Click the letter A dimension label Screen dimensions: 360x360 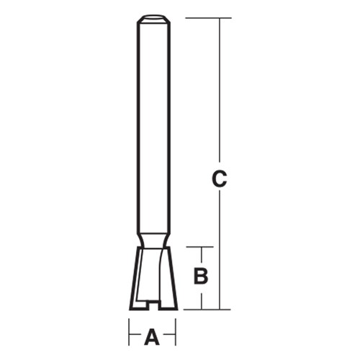coord(152,336)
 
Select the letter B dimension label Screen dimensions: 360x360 coord(202,275)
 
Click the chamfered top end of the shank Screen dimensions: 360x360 coord(152,19)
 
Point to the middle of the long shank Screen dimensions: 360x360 coord(152,130)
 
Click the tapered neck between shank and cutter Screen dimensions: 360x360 coord(152,240)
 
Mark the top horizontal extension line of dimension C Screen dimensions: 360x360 coord(209,18)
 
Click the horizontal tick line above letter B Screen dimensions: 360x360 coord(202,247)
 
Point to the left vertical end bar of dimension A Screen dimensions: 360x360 coord(130,335)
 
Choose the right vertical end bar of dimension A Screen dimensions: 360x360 coord(175,335)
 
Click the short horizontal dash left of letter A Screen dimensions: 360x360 coord(136,336)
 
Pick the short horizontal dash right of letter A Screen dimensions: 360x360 coord(168,336)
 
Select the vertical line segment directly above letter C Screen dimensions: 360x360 coord(220,94)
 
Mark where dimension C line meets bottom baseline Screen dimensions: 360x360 coord(220,310)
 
